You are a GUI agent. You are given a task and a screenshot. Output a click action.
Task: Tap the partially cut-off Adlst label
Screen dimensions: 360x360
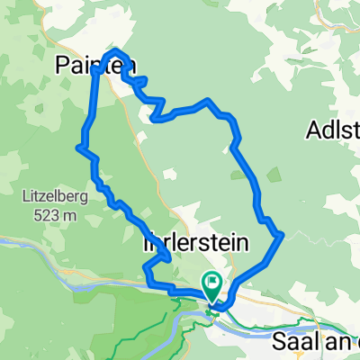332,131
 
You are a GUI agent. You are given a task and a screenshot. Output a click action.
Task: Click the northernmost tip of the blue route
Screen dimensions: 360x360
116,50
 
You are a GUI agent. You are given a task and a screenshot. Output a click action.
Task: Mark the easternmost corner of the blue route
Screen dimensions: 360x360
283,235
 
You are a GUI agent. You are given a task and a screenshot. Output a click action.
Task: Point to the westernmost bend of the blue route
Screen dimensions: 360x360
81,146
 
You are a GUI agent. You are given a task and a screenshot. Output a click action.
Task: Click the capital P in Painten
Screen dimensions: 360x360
61,65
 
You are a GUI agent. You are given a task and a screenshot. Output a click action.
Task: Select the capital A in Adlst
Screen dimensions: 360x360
314,131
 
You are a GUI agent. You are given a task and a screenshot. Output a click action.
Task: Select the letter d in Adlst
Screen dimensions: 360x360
328,131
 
